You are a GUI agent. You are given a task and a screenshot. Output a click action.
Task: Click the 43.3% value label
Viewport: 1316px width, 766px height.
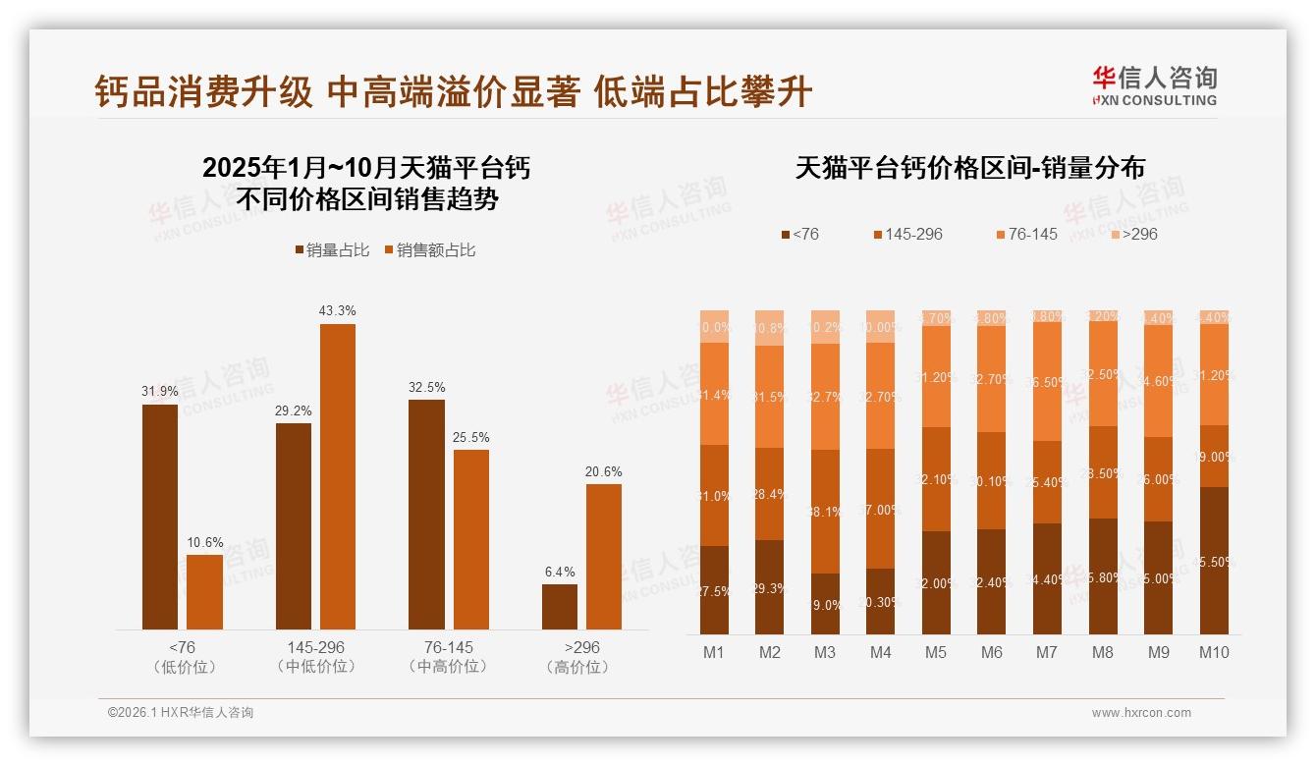[x=337, y=311]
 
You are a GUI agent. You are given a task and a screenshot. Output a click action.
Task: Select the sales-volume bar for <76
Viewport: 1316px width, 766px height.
[x=160, y=517]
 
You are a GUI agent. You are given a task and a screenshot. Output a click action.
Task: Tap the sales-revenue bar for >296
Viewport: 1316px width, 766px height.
[x=604, y=557]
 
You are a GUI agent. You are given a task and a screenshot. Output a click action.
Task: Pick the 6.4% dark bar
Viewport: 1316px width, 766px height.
[x=560, y=607]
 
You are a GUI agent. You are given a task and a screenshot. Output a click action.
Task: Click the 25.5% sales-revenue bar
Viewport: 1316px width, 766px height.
[x=470, y=539]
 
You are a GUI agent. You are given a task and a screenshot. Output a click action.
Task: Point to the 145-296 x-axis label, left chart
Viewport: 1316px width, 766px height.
[x=316, y=648]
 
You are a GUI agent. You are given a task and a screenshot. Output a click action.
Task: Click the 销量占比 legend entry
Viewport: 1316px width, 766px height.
[x=332, y=250]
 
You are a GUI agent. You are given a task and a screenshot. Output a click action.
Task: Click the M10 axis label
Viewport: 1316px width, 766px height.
[x=1214, y=652]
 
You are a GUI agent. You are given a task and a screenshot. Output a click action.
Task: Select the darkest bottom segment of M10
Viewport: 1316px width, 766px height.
[x=1214, y=561]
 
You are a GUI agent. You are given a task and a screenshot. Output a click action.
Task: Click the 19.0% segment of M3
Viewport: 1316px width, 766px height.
[x=825, y=604]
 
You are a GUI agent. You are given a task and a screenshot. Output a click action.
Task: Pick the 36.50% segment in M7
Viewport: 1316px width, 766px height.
[x=1048, y=382]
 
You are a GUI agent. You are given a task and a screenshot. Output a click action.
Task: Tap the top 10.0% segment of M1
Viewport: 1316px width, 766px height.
[x=714, y=327]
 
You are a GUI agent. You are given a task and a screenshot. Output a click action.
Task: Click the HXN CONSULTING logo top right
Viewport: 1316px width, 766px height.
[x=1154, y=86]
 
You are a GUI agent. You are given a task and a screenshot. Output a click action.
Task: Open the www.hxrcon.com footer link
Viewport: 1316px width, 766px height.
[x=1141, y=713]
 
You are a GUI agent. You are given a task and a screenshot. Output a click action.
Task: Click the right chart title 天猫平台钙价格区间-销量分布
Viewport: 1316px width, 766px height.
[x=969, y=169]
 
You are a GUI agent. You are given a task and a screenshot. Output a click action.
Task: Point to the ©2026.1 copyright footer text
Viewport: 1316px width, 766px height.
[x=181, y=713]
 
